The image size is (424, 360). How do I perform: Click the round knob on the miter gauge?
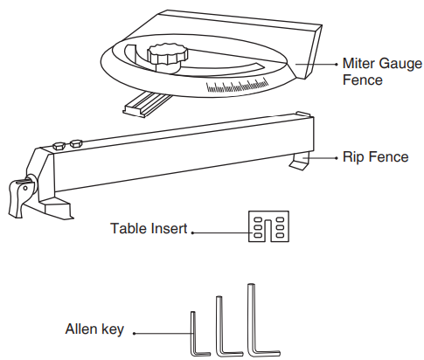168,57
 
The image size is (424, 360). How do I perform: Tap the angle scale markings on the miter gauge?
238,86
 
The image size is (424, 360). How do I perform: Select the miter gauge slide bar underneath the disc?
147,105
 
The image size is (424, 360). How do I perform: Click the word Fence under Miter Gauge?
363,80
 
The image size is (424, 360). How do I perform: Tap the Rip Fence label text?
376,156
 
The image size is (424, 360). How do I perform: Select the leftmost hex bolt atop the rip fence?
59,146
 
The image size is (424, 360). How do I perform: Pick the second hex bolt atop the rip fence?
76,143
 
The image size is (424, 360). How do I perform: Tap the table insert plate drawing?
268,226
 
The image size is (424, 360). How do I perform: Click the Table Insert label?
149,228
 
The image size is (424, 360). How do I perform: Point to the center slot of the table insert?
268,231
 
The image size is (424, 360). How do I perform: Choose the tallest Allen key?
261,320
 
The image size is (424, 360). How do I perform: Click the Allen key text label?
94,329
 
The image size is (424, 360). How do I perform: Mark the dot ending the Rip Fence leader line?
337,158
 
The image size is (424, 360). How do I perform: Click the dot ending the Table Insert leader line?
192,232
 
